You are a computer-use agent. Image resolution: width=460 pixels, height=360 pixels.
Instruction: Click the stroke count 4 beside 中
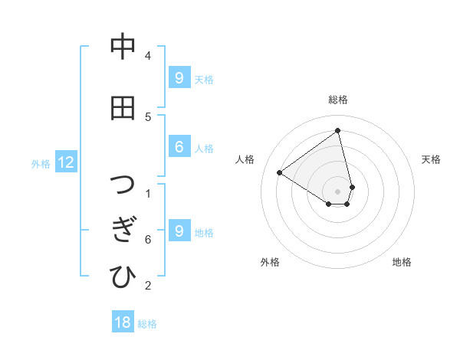148,56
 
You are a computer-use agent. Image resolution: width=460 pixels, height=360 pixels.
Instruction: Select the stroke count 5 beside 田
148,116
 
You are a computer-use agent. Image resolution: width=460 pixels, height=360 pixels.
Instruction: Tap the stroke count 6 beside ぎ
148,240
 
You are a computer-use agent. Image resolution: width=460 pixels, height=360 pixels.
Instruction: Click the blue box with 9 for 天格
179,77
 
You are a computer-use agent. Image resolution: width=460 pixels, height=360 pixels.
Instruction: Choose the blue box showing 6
179,147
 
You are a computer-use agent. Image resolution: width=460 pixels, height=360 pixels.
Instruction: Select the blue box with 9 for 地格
179,231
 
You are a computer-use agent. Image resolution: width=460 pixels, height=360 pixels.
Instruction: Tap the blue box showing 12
66,162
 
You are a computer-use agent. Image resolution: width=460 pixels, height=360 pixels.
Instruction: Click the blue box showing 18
123,322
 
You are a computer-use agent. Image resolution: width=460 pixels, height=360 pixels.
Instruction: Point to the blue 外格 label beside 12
41,163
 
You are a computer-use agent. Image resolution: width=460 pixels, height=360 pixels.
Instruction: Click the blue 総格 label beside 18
147,324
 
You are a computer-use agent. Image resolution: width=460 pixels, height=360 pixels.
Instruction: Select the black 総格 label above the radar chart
338,100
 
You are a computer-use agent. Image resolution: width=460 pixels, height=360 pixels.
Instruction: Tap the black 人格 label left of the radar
245,159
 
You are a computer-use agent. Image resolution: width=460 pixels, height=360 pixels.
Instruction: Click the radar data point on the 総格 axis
338,131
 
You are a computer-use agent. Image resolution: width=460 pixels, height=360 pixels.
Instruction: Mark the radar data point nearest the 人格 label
280,172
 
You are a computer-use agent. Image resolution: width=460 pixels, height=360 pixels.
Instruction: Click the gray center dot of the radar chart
338,191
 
